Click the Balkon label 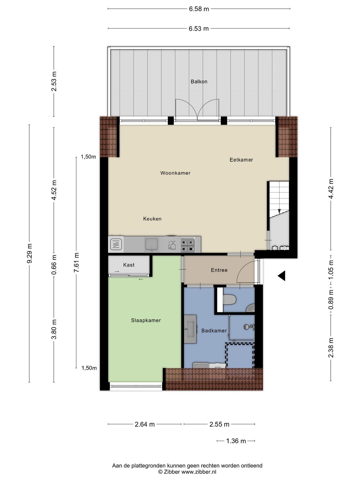(x=199, y=82)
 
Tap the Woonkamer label (x=175, y=173)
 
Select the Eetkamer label (x=241, y=160)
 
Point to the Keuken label (x=152, y=219)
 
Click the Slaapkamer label (x=146, y=320)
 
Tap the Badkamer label (x=214, y=331)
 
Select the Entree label (x=219, y=270)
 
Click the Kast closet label (x=129, y=265)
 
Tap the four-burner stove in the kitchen (x=187, y=245)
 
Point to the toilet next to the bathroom (x=229, y=300)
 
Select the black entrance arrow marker (x=282, y=276)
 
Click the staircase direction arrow (x=279, y=211)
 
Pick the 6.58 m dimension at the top (x=199, y=9)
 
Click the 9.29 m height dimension (x=29, y=253)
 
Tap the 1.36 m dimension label (x=236, y=441)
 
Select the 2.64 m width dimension (x=145, y=424)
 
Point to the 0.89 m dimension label (x=331, y=299)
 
